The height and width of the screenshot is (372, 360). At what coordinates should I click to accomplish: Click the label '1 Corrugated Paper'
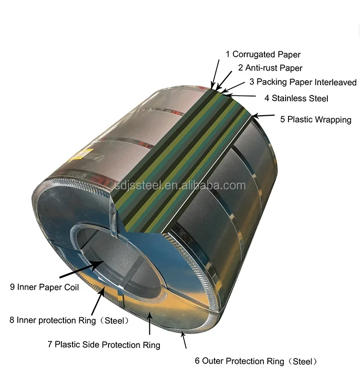(263, 54)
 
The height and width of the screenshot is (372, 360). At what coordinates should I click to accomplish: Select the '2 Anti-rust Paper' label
(270, 68)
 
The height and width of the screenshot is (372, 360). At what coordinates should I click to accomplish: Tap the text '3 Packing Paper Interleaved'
(303, 83)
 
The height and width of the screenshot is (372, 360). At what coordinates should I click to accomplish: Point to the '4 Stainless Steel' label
(296, 98)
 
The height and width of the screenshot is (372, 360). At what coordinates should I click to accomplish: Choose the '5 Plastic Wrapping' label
(315, 120)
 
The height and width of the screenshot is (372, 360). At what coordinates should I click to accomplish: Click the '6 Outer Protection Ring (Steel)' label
(256, 361)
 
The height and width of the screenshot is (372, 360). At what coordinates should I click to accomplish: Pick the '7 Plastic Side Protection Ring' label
(104, 344)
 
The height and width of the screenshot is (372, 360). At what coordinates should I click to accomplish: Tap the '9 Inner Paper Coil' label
(45, 287)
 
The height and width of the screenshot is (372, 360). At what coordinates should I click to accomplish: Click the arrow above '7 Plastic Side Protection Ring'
(150, 323)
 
